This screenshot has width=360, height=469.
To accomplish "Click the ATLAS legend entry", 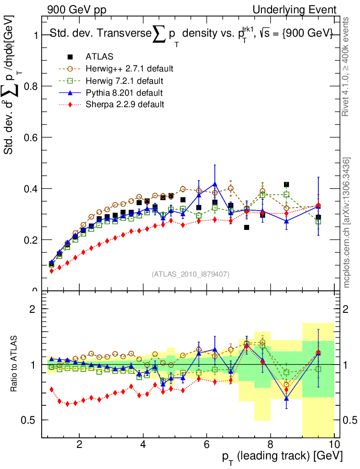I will point(99,57).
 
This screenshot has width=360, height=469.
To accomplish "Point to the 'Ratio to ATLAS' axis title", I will point(15,365).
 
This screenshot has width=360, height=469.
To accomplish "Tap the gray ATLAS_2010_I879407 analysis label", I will point(191,274).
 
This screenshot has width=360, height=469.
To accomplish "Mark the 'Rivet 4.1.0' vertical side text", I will point(347,66).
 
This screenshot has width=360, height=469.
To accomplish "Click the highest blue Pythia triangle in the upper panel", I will point(215,184).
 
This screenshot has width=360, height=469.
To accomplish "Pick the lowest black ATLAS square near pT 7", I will point(246,227).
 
